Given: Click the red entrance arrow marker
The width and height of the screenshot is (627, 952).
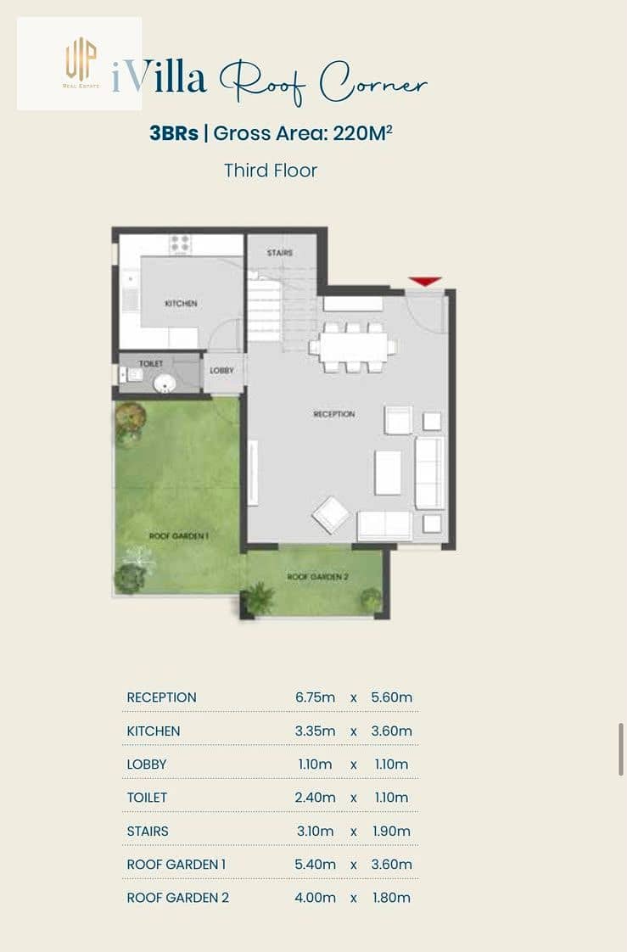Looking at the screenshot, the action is click(424, 281).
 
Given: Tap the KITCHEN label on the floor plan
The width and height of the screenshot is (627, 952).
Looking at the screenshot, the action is click(181, 303).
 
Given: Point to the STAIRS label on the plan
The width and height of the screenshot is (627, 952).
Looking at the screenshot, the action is click(280, 253).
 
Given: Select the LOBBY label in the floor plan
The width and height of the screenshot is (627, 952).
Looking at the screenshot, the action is click(221, 370).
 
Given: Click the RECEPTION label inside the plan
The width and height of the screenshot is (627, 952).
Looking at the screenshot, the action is click(334, 414).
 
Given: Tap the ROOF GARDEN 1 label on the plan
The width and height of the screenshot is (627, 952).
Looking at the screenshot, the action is click(179, 536).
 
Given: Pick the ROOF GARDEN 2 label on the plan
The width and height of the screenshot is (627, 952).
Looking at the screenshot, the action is click(318, 577).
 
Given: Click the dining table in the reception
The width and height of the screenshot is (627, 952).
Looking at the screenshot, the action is click(353, 347).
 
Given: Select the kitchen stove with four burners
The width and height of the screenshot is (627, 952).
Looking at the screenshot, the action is click(181, 244).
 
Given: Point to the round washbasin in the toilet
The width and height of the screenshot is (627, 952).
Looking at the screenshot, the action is click(164, 384).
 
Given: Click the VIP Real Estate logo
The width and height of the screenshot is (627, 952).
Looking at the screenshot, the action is click(81, 63).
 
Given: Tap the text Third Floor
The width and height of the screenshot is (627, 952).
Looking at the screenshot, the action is click(271, 171).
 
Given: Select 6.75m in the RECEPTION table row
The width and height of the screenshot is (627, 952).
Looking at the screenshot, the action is click(315, 697).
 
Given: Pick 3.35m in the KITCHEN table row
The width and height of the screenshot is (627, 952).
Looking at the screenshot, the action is click(315, 731).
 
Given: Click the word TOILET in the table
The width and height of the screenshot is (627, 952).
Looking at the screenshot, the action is click(147, 798).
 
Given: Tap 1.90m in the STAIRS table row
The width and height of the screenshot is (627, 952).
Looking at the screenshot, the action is click(391, 832).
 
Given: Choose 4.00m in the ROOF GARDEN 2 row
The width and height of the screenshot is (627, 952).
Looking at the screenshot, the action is click(315, 898).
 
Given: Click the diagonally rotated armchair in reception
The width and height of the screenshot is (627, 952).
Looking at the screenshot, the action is click(331, 515).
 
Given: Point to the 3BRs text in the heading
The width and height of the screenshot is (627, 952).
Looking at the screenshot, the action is click(174, 133).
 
